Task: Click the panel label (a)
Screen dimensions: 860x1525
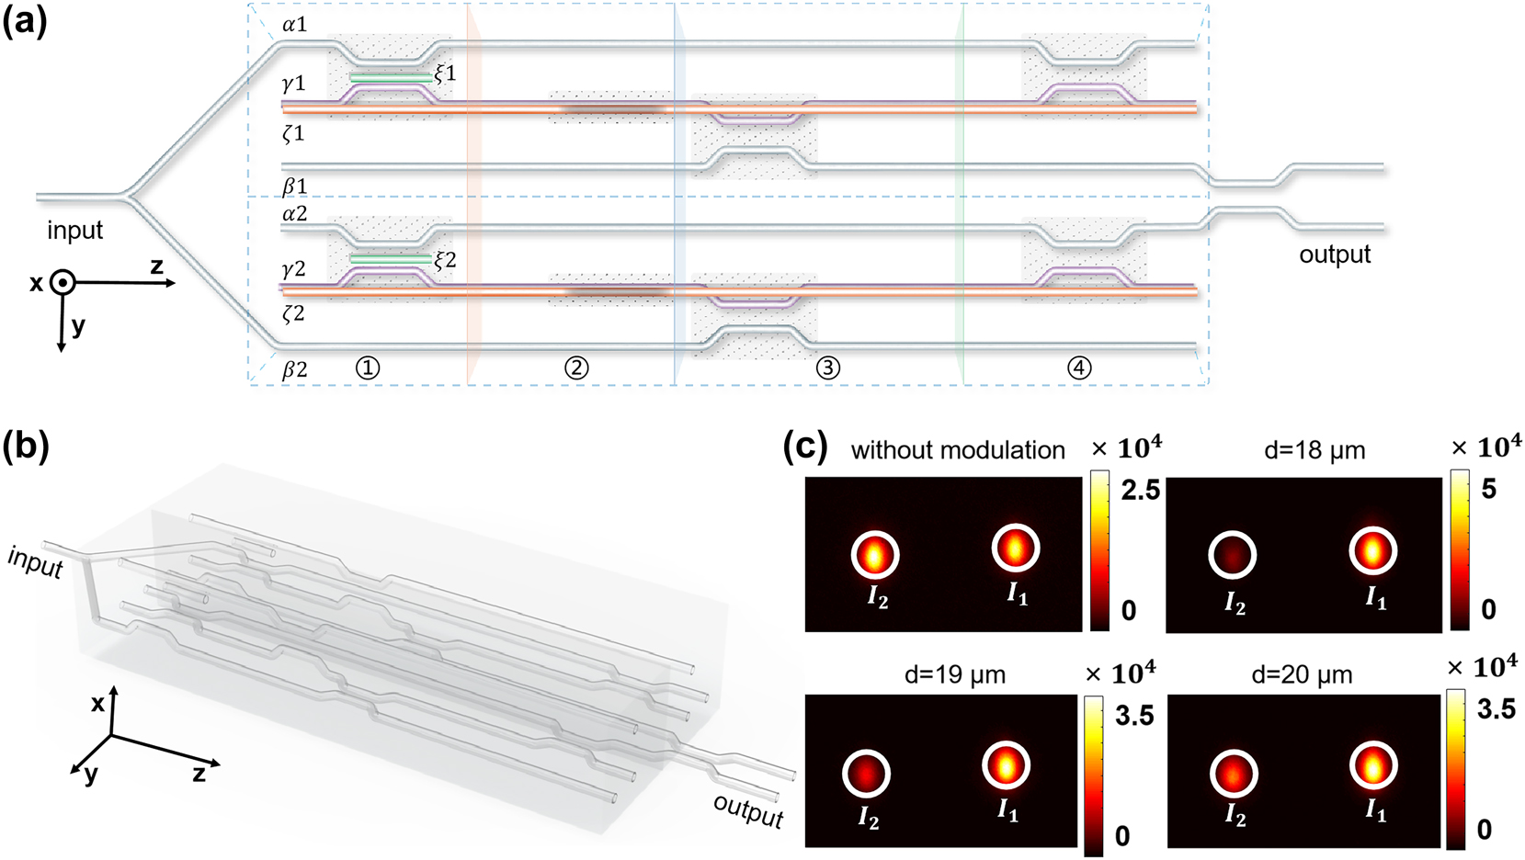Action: coord(25,20)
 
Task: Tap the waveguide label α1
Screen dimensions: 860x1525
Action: coord(294,25)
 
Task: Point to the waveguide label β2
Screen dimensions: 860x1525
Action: coord(294,369)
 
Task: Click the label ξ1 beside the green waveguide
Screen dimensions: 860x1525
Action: coord(445,74)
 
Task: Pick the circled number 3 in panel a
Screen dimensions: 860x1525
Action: coord(827,368)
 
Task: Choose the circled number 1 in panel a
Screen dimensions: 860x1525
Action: coord(367,368)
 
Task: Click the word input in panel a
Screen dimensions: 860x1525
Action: coord(74,231)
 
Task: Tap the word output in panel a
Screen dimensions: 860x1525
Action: coord(1334,255)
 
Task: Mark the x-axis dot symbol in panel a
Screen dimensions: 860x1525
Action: coord(62,283)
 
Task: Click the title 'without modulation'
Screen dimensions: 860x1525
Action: coord(957,450)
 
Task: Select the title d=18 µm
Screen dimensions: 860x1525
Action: coord(1314,451)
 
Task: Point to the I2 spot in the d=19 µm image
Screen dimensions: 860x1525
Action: coord(866,774)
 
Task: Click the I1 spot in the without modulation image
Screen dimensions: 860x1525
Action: coord(1015,549)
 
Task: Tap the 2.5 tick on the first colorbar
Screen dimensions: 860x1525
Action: coord(1140,491)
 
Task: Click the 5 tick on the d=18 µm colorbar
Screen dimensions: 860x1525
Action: coord(1488,489)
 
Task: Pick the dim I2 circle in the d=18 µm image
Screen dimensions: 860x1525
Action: coord(1231,555)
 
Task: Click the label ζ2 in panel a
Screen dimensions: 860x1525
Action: coord(293,314)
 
